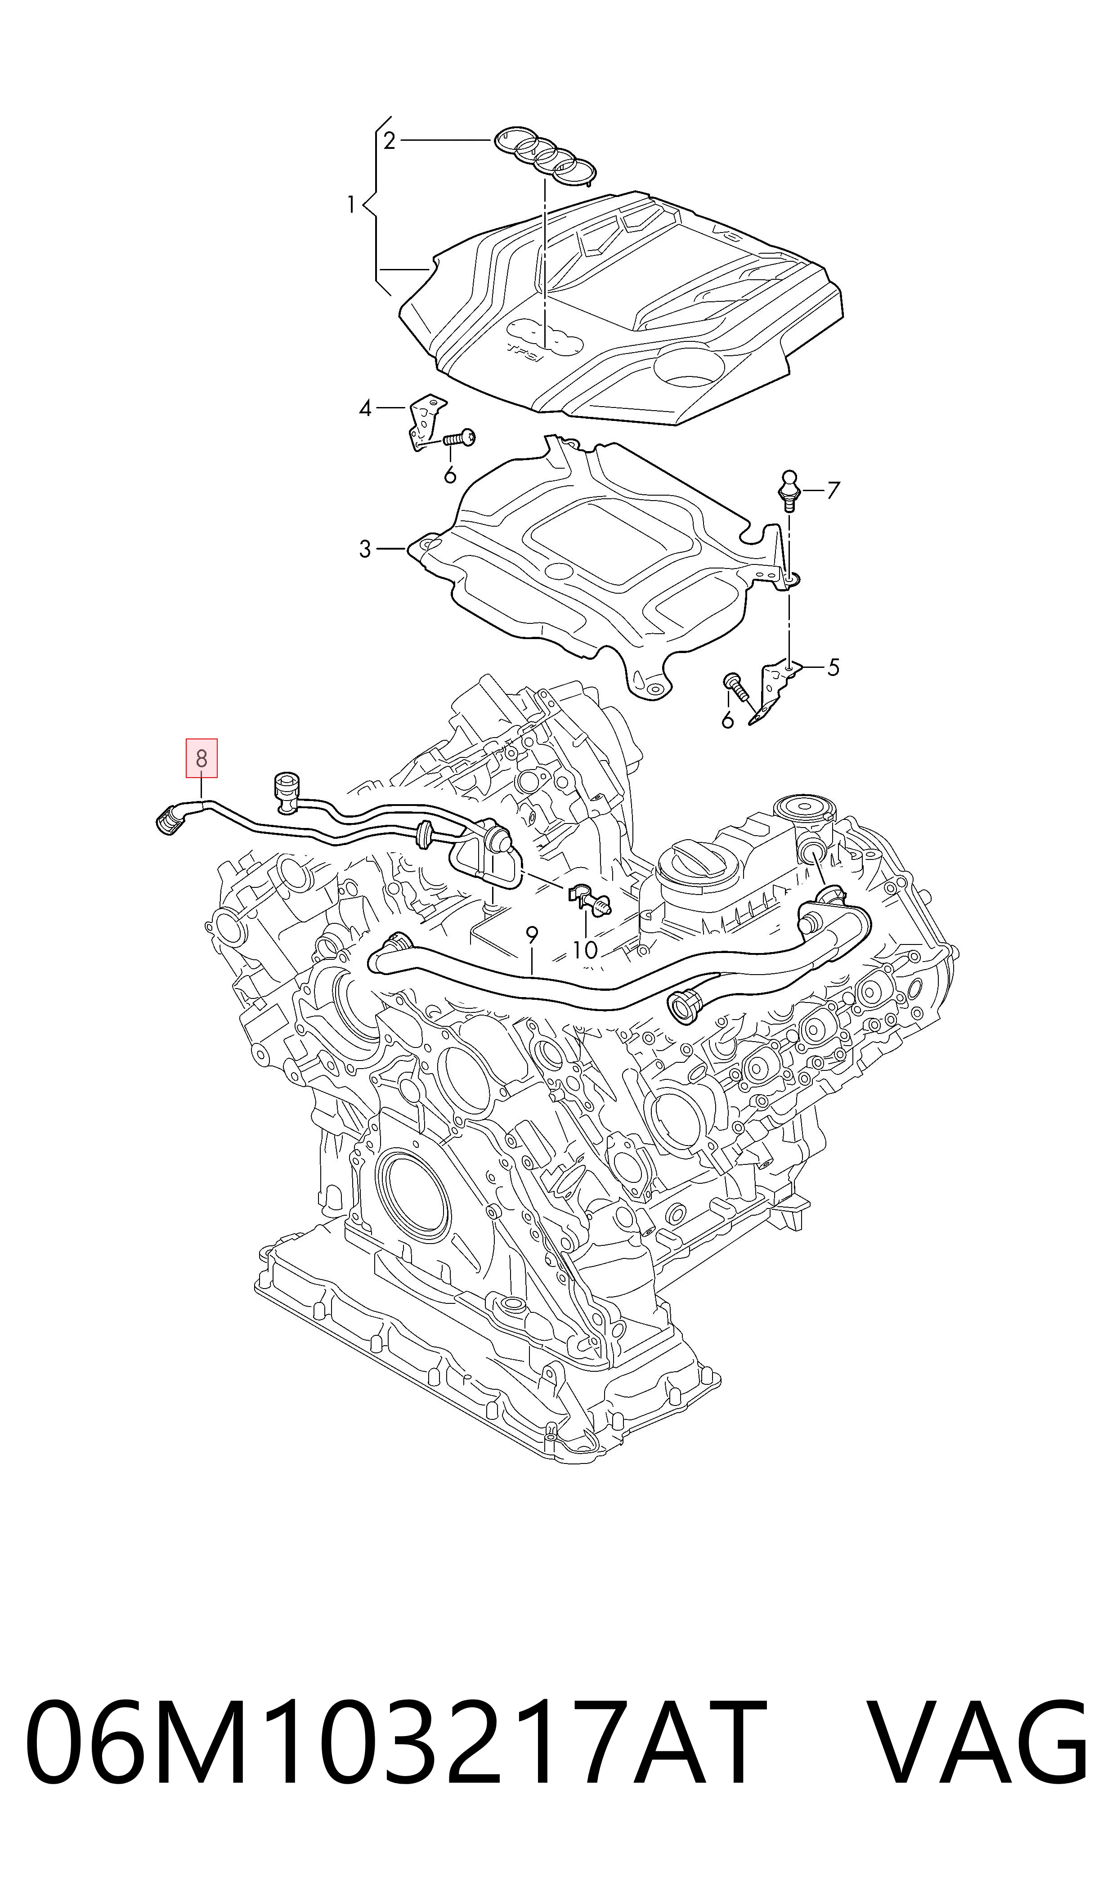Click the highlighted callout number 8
pos(202,759)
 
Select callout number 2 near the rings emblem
pos(389,141)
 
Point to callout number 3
pos(365,550)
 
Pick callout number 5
pos(833,667)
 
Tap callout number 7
pos(833,491)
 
